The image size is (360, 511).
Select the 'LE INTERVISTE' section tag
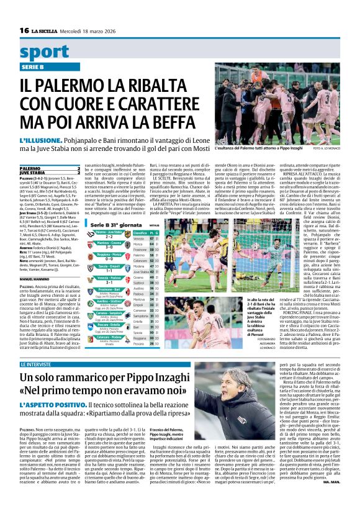37,364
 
